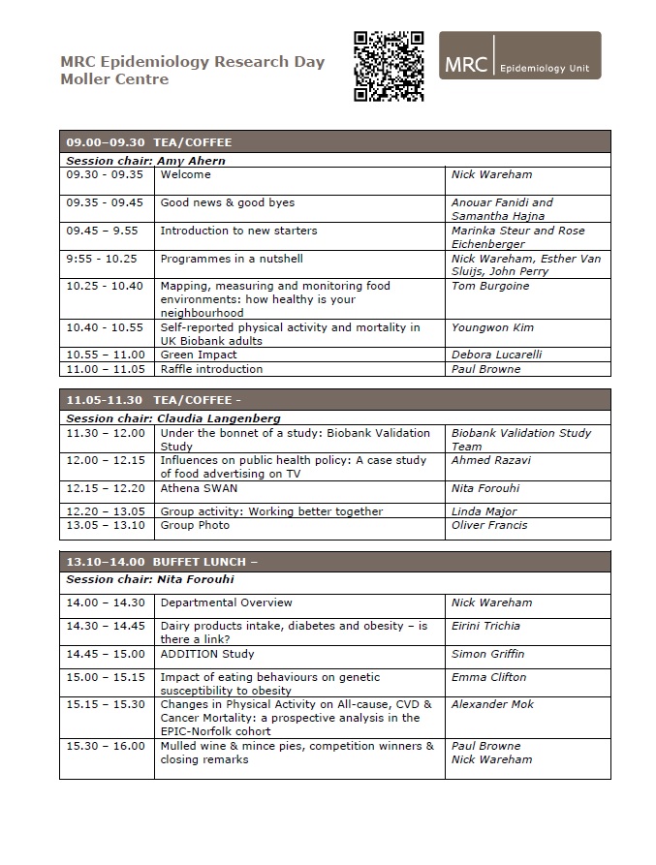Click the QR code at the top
pyautogui.click(x=388, y=66)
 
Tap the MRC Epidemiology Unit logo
pyautogui.click(x=519, y=55)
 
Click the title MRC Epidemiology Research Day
pyautogui.click(x=192, y=61)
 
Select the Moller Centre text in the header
pyautogui.click(x=114, y=79)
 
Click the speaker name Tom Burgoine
pyautogui.click(x=491, y=287)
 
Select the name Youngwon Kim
pyautogui.click(x=493, y=328)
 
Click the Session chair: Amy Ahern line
pyautogui.click(x=145, y=161)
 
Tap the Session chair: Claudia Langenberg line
pyautogui.click(x=173, y=418)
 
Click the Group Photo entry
pyautogui.click(x=195, y=525)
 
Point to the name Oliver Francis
pyautogui.click(x=489, y=525)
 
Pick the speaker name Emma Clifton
pyautogui.click(x=488, y=677)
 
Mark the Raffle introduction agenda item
pyautogui.click(x=211, y=369)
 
